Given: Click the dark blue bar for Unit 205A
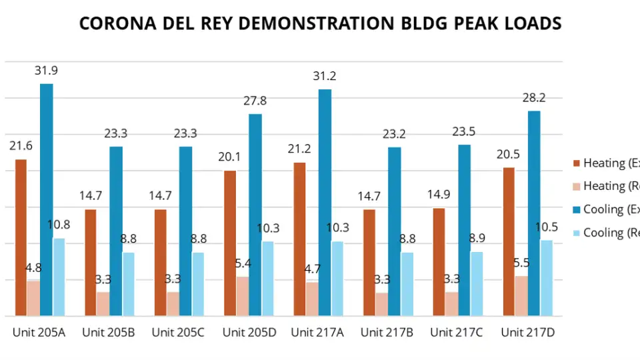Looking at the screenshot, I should point(47,200).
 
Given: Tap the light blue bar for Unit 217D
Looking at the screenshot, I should point(547,277).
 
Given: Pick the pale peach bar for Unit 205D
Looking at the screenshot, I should point(242,296).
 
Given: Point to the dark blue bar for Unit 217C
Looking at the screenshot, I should point(464,230).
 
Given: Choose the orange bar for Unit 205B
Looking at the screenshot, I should point(90,262).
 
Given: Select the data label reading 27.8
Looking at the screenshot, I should point(255,101).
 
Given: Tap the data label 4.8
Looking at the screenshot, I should point(33,268).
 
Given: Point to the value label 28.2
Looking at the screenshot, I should point(533,98).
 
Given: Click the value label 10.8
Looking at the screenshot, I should point(59,225).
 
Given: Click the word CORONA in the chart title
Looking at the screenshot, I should point(115,24).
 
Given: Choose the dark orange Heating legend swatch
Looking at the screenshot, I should point(577,163).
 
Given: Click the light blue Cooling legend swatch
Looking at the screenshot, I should point(577,233).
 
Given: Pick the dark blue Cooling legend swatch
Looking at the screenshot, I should point(577,209).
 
